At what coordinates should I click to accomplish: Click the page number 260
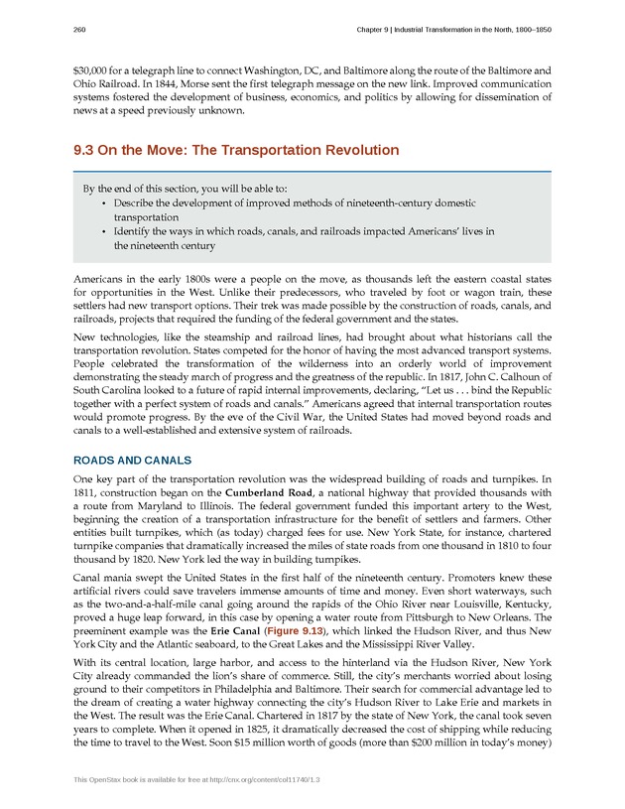tap(80, 30)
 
